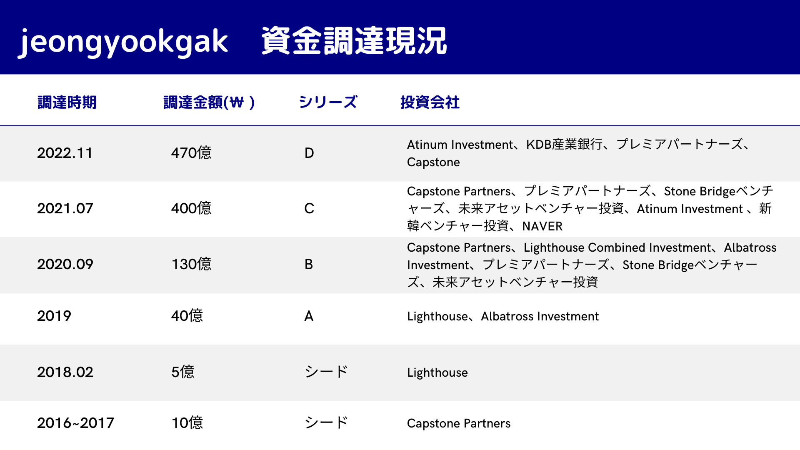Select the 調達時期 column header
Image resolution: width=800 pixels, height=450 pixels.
pyautogui.click(x=67, y=102)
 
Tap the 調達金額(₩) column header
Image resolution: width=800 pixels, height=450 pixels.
pyautogui.click(x=209, y=102)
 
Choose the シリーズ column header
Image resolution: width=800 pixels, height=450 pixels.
pyautogui.click(x=328, y=102)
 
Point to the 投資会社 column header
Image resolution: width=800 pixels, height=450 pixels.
pyautogui.click(x=430, y=102)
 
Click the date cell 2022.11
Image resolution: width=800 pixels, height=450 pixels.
pyautogui.click(x=65, y=153)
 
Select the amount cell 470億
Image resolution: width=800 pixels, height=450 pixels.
pyautogui.click(x=191, y=153)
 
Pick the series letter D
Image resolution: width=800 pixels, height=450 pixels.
pyautogui.click(x=309, y=153)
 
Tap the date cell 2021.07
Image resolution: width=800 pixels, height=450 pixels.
pyautogui.click(x=65, y=208)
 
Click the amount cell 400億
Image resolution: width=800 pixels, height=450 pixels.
pyautogui.click(x=191, y=208)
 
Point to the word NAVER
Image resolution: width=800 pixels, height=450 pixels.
pyautogui.click(x=542, y=226)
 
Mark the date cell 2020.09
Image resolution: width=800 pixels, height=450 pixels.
pyautogui.click(x=65, y=264)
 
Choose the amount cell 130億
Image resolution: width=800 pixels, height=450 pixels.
pyautogui.click(x=192, y=264)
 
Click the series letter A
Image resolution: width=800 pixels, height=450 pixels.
pyautogui.click(x=309, y=316)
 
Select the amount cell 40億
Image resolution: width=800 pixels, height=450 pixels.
pyautogui.click(x=187, y=316)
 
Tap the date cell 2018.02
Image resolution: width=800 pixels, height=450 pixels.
pyautogui.click(x=65, y=372)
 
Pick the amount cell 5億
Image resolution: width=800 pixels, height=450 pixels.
pyautogui.click(x=183, y=372)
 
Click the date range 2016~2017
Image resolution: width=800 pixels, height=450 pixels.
pyautogui.click(x=75, y=423)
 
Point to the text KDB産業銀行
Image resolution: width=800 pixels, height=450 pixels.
pyautogui.click(x=564, y=144)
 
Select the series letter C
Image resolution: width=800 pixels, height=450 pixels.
pyautogui.click(x=309, y=208)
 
